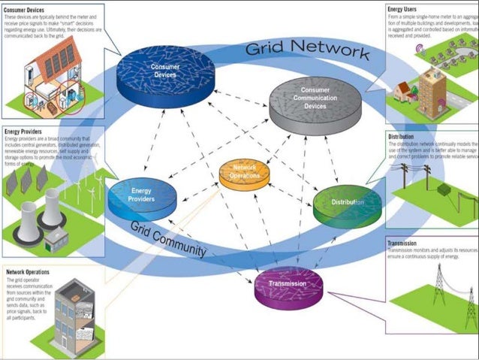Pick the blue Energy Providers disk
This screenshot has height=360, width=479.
click(x=141, y=197)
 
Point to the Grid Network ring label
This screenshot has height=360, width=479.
click(x=307, y=51)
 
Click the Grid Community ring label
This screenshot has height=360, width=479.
click(x=170, y=240)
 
